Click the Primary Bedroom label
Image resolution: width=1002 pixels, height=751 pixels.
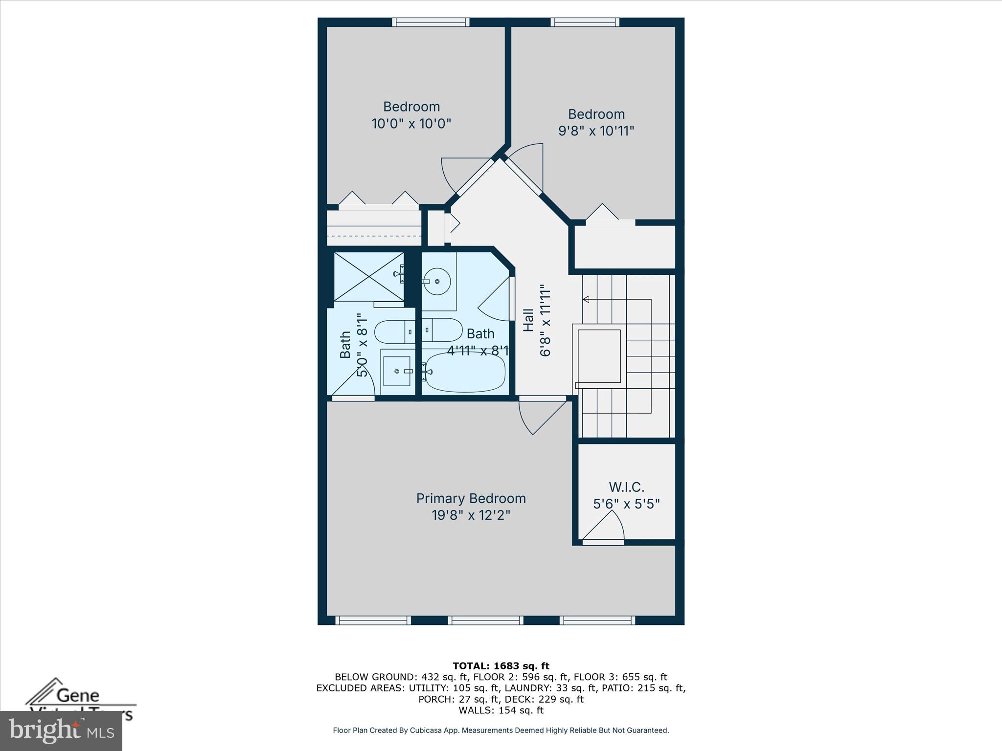[471, 498]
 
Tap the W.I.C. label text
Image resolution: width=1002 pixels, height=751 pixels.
[626, 487]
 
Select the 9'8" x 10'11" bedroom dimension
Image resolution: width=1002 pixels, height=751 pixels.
[596, 131]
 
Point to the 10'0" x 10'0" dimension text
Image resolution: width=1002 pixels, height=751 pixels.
[411, 123]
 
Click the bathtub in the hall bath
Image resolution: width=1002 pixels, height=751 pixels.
[465, 372]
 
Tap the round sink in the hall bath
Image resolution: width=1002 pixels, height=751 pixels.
[436, 281]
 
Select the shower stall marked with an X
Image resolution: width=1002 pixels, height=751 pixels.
[368, 277]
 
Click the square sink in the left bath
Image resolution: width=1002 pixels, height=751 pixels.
[396, 371]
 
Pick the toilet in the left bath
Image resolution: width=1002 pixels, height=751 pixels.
[394, 332]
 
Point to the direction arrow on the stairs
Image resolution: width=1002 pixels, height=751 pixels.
[586, 299]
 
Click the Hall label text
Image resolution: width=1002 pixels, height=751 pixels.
[528, 320]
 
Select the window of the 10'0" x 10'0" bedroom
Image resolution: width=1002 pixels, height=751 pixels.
[431, 22]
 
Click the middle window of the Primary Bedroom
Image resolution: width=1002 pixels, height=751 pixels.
[485, 620]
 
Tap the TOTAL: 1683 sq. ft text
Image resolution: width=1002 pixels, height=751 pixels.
[501, 666]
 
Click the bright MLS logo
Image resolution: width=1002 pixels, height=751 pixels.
[61, 730]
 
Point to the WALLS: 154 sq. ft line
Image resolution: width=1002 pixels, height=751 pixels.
[501, 710]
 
